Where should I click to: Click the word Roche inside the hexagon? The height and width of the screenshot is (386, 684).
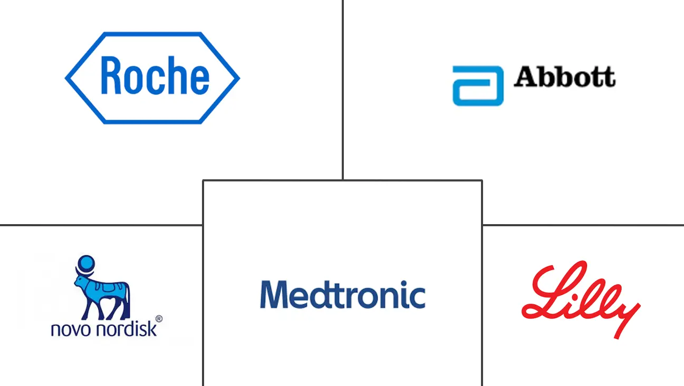tap(155, 75)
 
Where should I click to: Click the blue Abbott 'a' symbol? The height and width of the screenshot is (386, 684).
tap(478, 86)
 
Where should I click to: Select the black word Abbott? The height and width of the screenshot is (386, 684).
tap(565, 76)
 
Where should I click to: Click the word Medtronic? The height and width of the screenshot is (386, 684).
tap(343, 294)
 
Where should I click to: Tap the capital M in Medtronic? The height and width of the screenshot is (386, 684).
tap(274, 294)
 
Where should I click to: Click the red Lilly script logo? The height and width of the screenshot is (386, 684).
tap(581, 300)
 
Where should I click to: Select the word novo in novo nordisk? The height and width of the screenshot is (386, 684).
tap(71, 330)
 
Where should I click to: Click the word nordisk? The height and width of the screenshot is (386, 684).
tap(126, 329)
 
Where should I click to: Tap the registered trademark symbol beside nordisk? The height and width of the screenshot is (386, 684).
tap(159, 319)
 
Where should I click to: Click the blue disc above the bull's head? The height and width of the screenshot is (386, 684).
tap(86, 263)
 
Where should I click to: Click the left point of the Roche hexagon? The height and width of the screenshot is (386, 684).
tap(65, 78)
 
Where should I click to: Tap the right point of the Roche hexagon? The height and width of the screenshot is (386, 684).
tap(240, 78)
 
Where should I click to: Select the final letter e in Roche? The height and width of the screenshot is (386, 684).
tap(200, 79)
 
